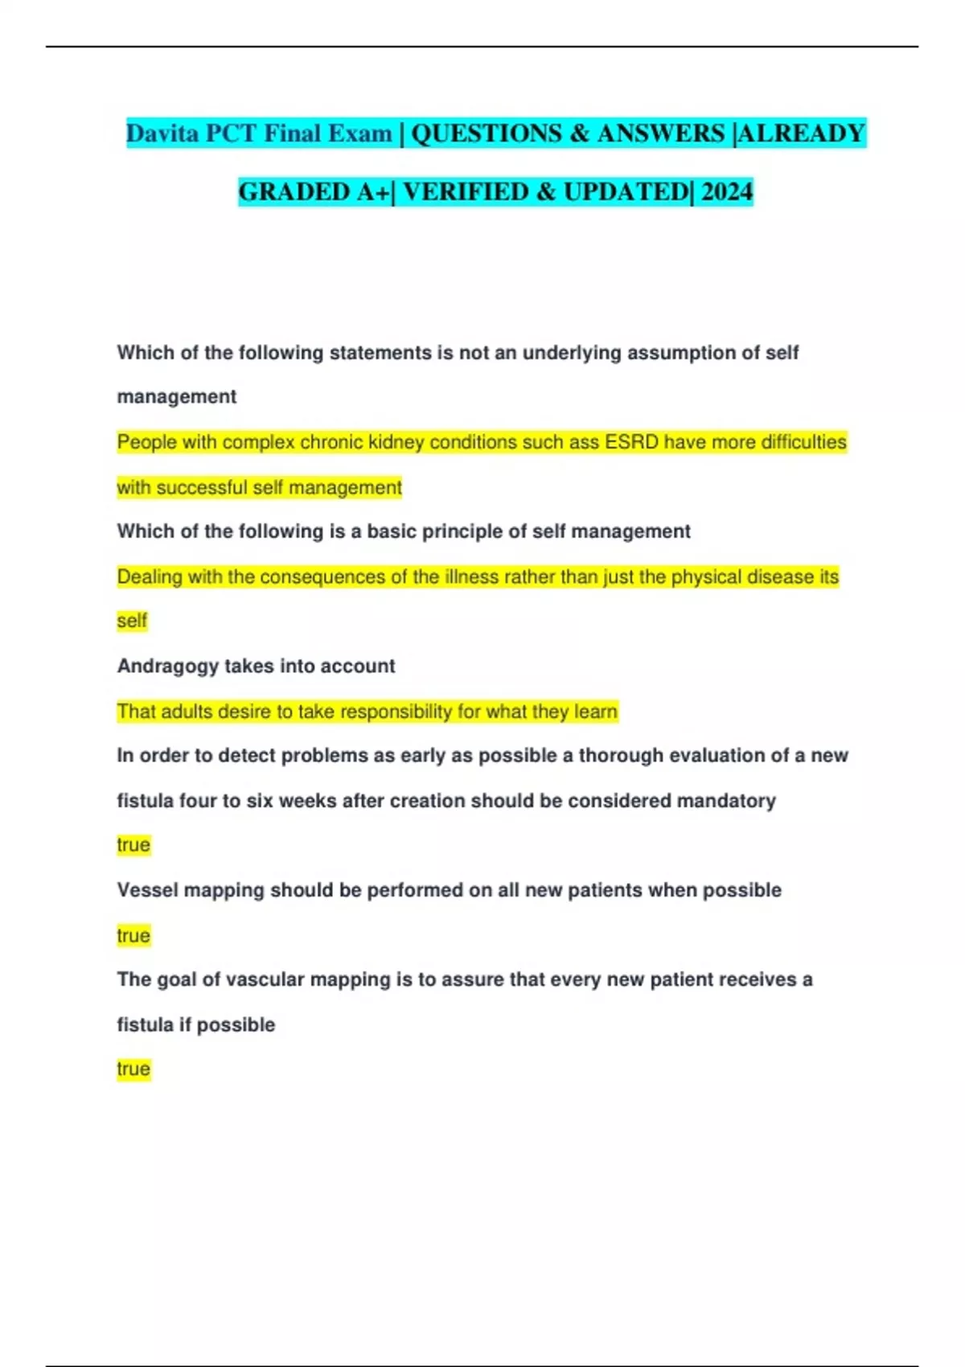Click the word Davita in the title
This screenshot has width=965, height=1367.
point(162,133)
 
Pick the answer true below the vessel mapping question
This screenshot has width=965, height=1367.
point(133,935)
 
